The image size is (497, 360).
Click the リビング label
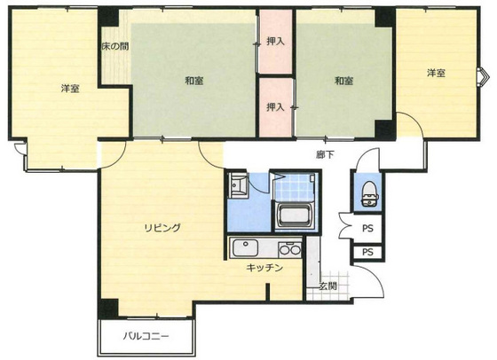click(x=162, y=228)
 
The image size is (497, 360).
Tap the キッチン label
click(x=264, y=267)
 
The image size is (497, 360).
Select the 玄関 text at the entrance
click(x=327, y=286)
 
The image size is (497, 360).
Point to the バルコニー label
click(x=146, y=338)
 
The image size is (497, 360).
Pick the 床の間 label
click(x=114, y=46)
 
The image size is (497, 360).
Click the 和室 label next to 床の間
click(x=195, y=81)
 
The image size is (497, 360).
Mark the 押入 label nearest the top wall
click(x=275, y=41)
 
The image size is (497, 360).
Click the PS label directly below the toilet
click(x=367, y=228)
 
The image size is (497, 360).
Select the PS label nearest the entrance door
click(x=367, y=253)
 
